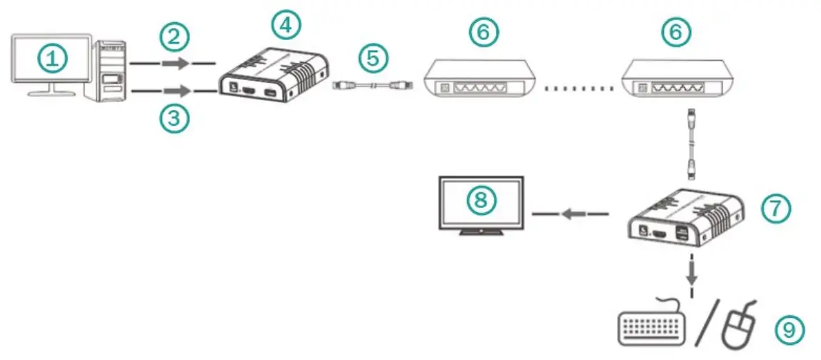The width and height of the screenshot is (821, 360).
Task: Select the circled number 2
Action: tap(175, 37)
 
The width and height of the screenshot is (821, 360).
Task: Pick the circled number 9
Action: tap(789, 329)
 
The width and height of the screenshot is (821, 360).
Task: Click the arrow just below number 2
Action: tap(176, 64)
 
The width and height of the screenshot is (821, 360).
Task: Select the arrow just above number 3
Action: tap(176, 91)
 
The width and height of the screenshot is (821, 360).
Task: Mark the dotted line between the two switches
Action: tap(578, 89)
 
